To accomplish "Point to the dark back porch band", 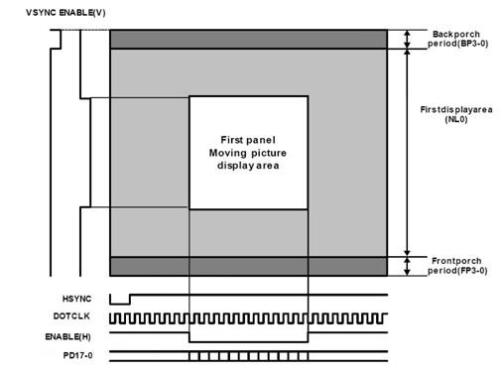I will click(248, 39).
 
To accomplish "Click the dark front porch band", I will click(248, 266).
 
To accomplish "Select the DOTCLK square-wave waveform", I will click(248, 318).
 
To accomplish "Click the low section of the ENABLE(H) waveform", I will click(249, 341).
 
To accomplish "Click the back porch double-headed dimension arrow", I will click(407, 39).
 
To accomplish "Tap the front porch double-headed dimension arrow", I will click(407, 265).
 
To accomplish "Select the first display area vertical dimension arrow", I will click(407, 149).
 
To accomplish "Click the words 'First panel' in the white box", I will click(249, 137).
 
